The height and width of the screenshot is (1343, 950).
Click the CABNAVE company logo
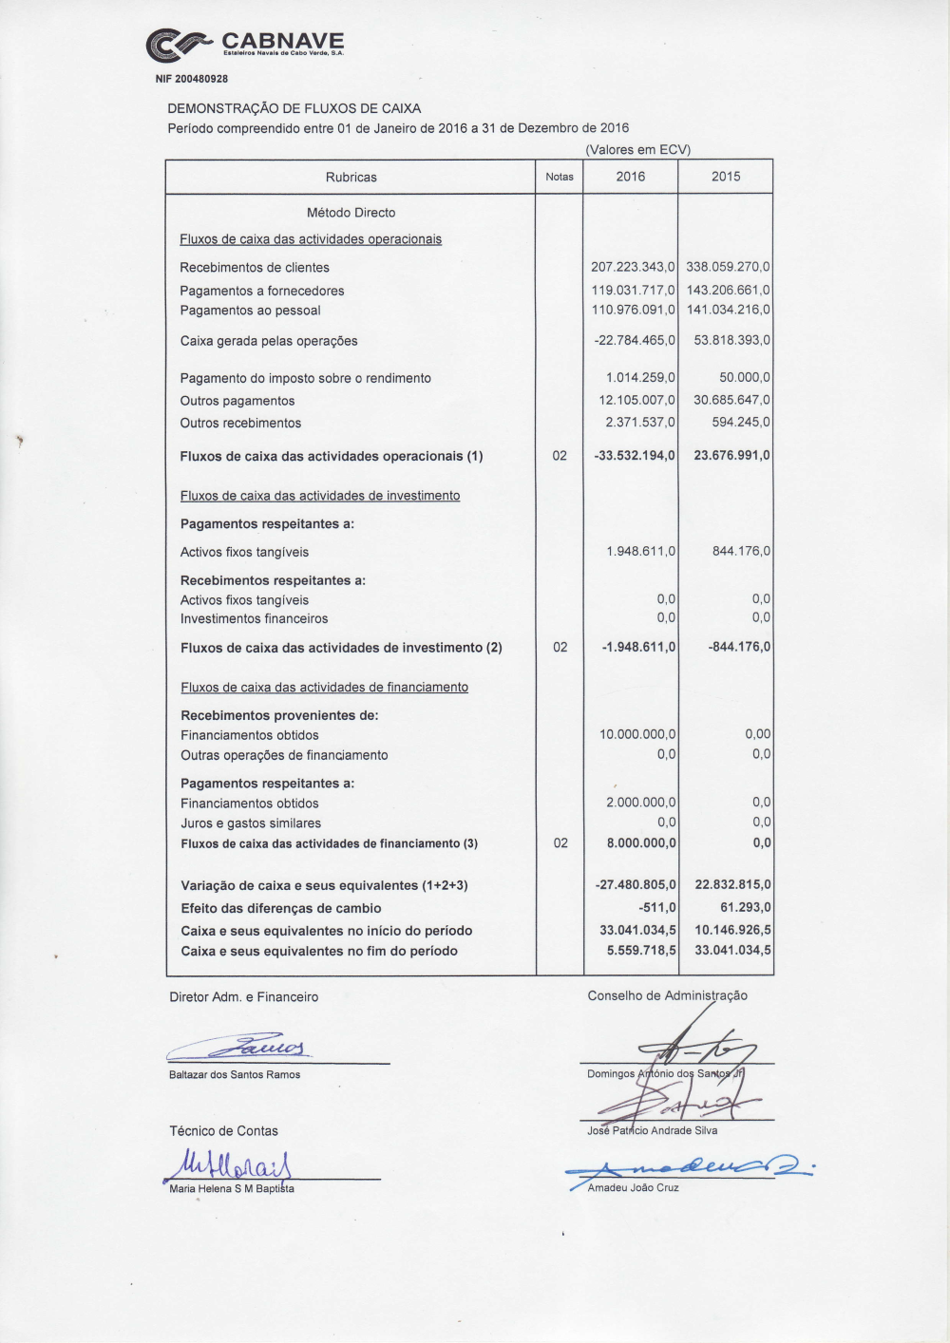pos(245,44)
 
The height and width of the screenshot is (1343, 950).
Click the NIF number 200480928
pos(191,79)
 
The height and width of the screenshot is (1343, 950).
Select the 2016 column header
pos(630,177)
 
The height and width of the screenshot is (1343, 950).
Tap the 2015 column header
pos(726,177)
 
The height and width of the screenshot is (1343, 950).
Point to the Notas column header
pos(560,177)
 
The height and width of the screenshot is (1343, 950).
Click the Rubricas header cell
pos(351,178)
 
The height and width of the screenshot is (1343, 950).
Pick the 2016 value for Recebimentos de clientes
pos(633,268)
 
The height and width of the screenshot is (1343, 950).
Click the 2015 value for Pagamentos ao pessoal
pos(728,310)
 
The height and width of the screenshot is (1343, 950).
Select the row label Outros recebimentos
pos(240,424)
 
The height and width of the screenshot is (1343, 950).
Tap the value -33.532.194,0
pos(634,456)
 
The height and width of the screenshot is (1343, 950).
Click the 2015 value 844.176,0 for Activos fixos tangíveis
pos(741,551)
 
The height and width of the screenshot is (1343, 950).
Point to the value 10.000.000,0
pos(637,734)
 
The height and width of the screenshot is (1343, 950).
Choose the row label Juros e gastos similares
pos(251,823)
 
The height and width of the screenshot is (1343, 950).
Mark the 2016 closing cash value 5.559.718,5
pos(641,951)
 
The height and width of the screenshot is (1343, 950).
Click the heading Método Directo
pos(351,213)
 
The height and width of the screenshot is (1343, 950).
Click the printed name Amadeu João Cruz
pos(633,1188)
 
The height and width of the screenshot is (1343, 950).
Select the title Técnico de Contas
pos(223,1131)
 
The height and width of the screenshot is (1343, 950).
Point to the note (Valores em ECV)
pos(637,150)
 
